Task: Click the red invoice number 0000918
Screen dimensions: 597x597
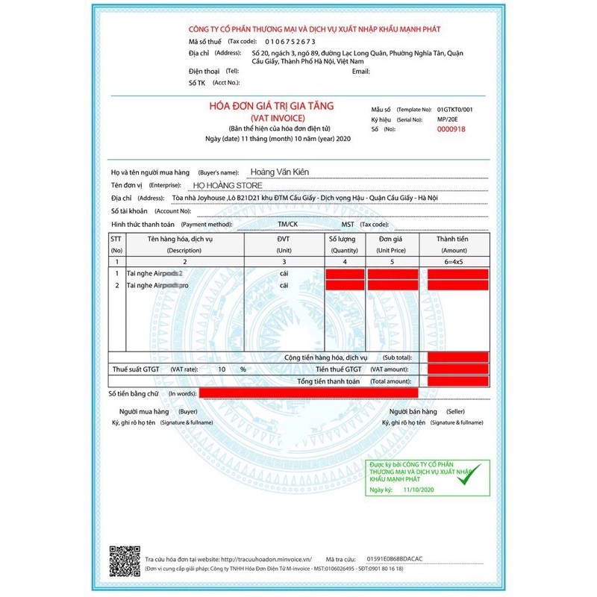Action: [451, 129]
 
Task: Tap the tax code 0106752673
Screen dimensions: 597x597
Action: [284, 41]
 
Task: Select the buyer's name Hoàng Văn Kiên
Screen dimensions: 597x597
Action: [280, 172]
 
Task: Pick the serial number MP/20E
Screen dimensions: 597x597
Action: [448, 119]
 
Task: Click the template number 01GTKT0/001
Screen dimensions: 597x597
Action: [455, 109]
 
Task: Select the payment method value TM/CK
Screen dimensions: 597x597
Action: [287, 224]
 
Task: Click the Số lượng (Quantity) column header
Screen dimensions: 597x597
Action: [344, 244]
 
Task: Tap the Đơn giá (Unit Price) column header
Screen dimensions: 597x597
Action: [393, 244]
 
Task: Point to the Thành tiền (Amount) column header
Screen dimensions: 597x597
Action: [453, 244]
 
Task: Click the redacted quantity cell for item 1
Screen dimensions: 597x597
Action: [345, 274]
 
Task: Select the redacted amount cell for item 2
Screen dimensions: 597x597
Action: [457, 285]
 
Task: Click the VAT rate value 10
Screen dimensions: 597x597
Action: [222, 369]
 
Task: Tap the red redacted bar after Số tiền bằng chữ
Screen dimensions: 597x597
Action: [308, 393]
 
